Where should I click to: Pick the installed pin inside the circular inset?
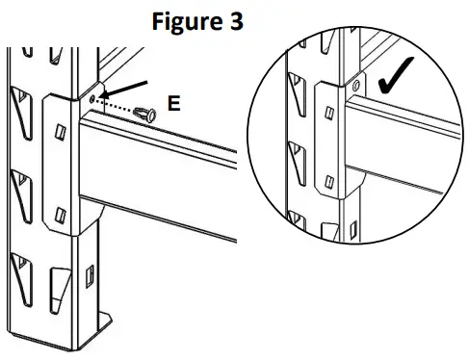[x=356, y=86]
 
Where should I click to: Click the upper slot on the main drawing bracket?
[x=61, y=131]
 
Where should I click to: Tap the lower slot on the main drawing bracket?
[x=62, y=213]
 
